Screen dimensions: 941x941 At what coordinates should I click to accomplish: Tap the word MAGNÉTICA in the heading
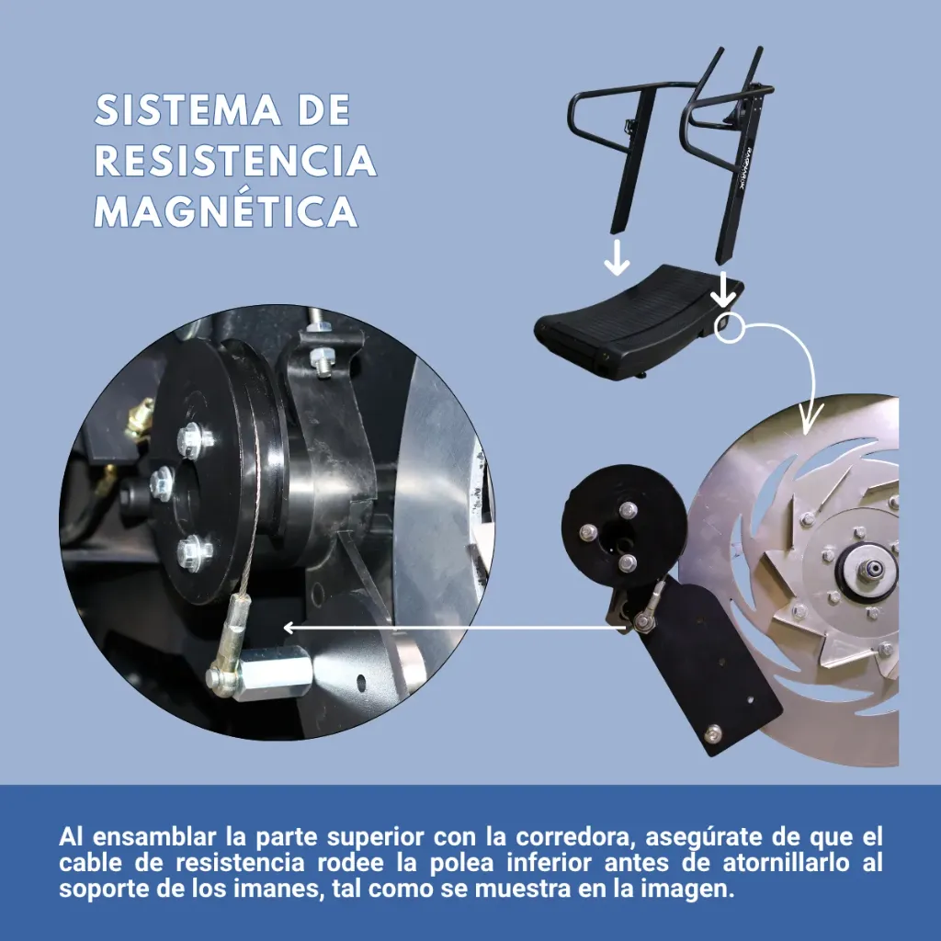click(226, 211)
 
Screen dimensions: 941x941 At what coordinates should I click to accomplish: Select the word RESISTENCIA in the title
click(236, 160)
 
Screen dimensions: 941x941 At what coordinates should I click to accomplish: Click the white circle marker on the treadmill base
click(729, 328)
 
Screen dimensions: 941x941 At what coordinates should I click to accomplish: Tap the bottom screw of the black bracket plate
click(712, 733)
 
